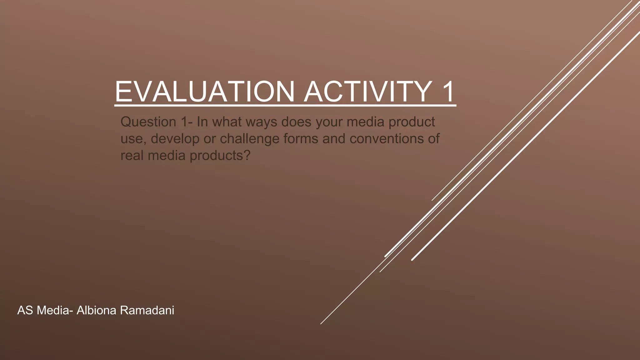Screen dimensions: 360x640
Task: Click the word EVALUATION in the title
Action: [205, 92]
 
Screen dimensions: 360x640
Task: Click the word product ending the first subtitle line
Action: [412, 122]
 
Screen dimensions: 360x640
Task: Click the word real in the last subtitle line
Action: [132, 156]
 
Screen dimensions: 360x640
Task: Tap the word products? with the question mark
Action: [220, 156]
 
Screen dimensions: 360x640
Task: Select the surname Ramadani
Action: [147, 310]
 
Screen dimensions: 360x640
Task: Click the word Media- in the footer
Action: [54, 310]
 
